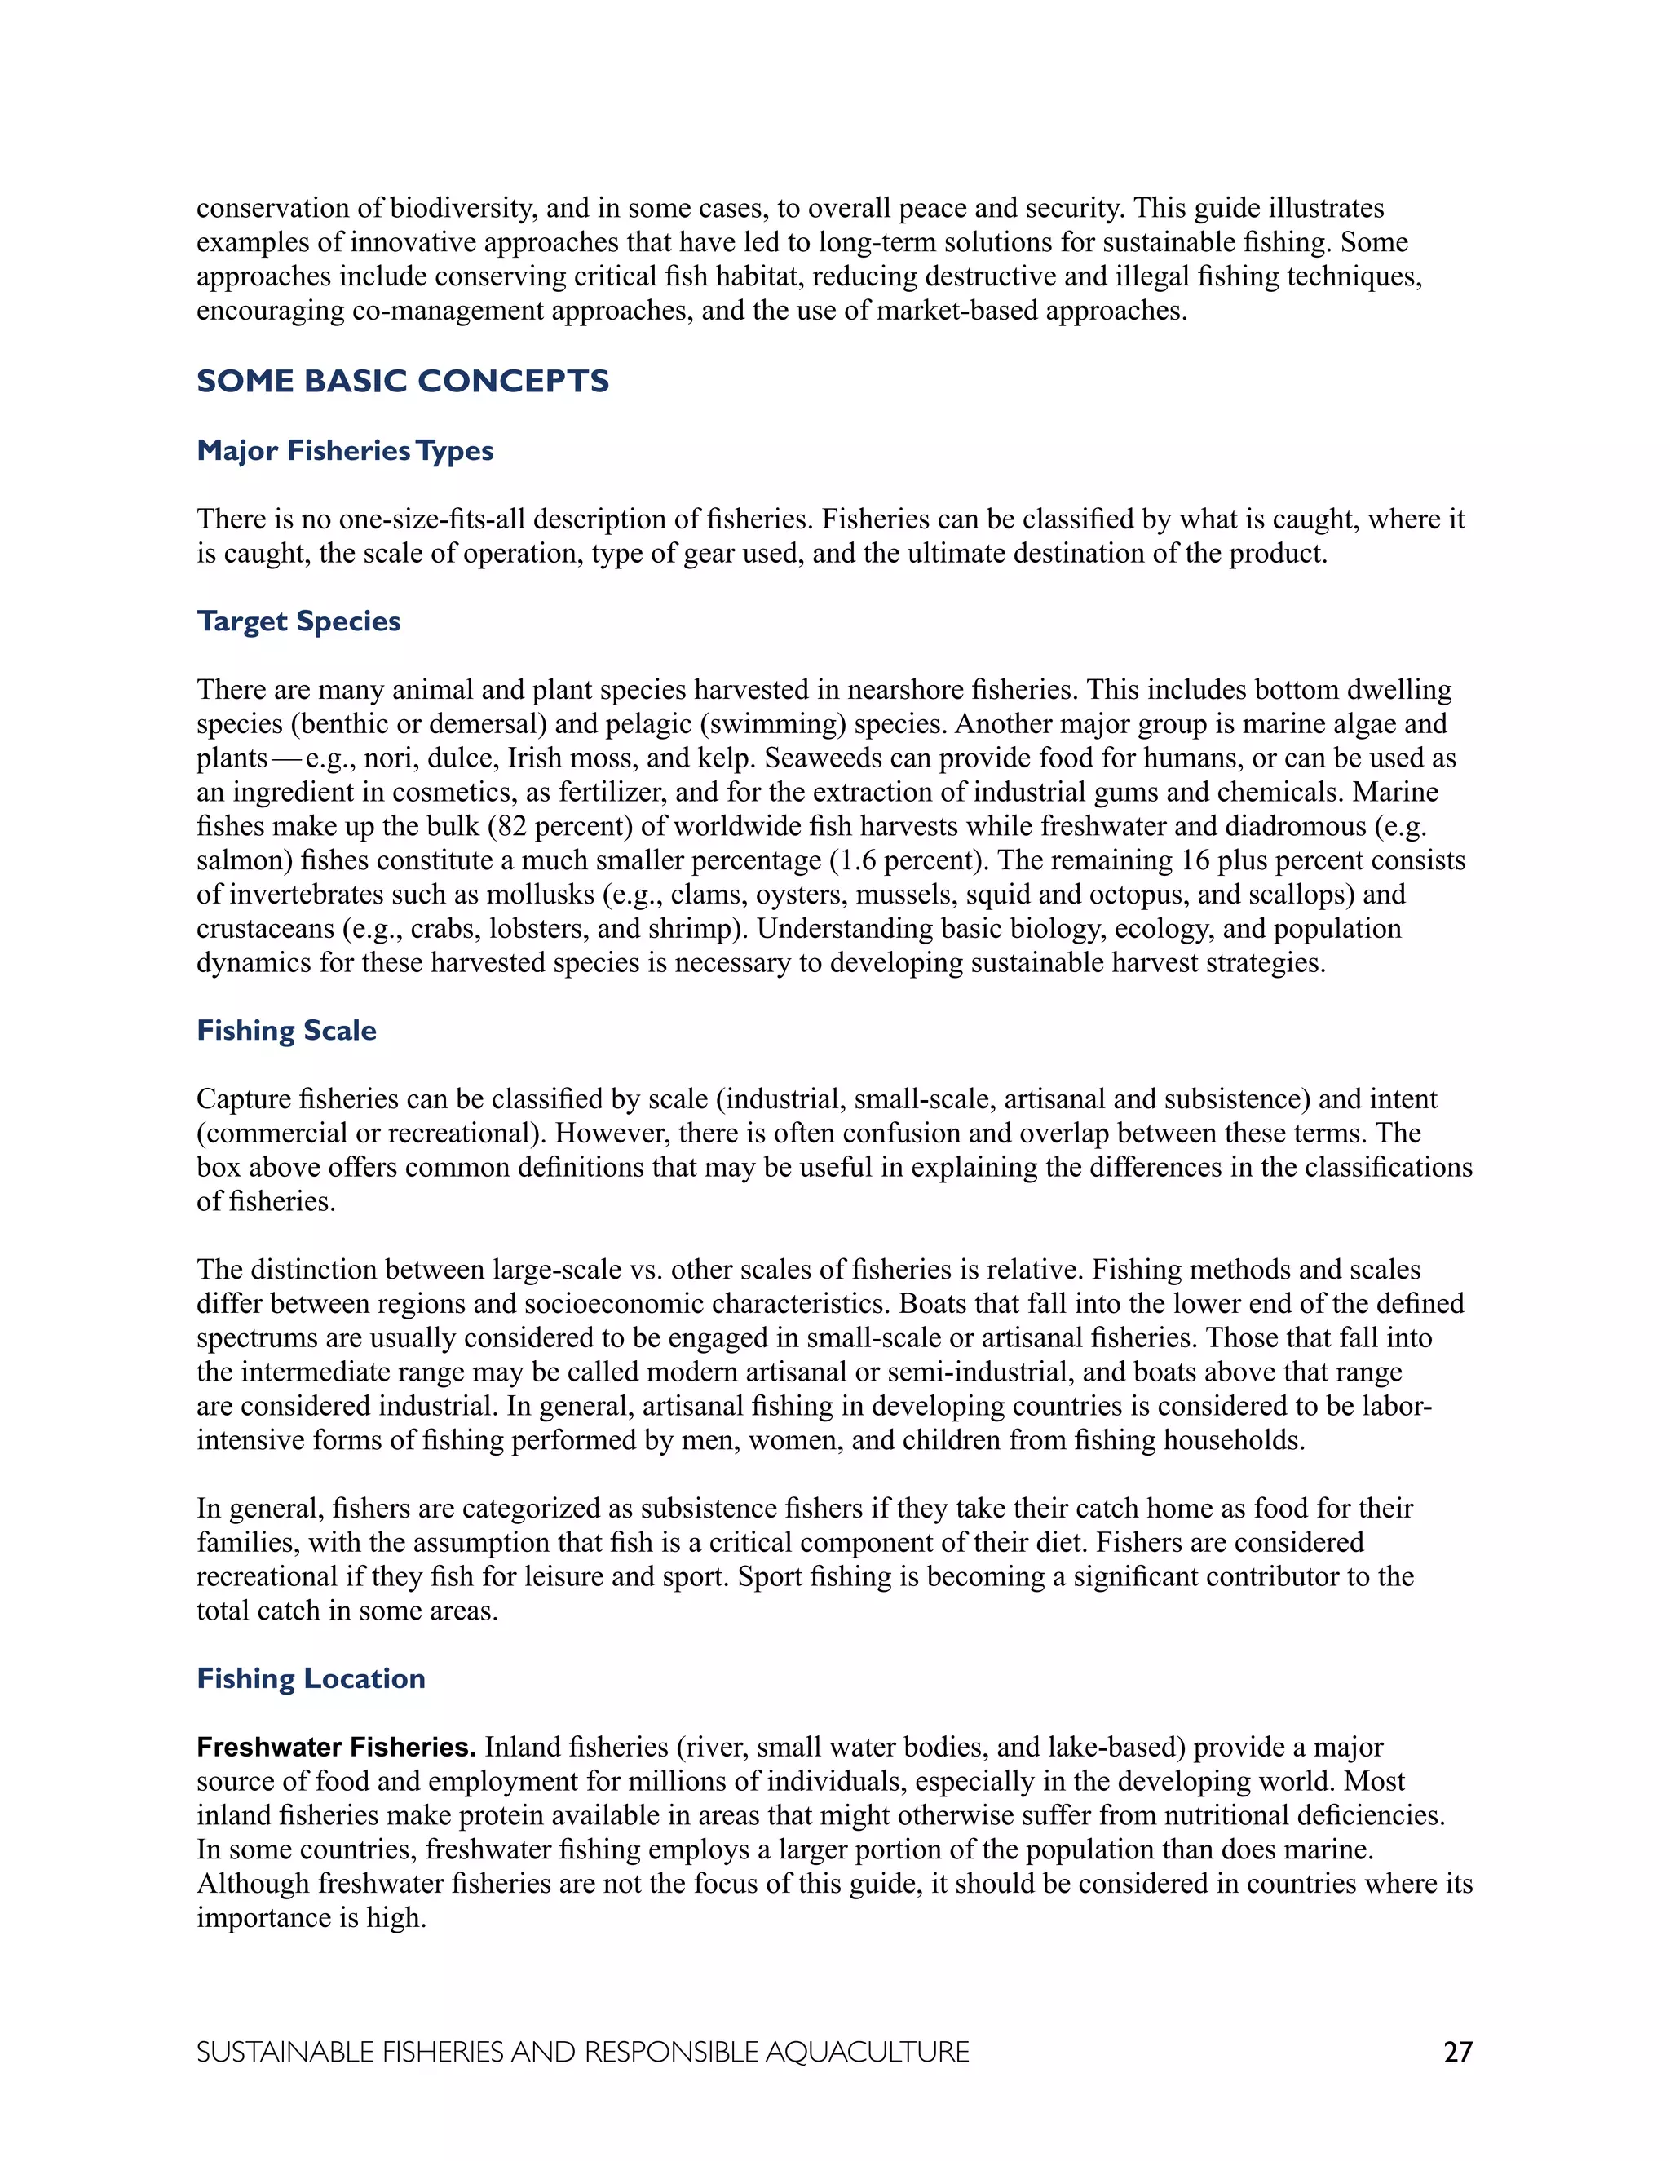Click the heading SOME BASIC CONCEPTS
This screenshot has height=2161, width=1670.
(x=403, y=381)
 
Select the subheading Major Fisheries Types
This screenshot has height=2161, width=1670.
(x=345, y=451)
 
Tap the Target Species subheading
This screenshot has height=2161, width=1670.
(x=298, y=621)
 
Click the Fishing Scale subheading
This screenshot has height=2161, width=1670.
(x=287, y=1031)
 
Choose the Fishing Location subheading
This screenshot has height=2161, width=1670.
(x=311, y=1679)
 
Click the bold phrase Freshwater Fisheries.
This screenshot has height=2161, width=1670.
(x=337, y=1748)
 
